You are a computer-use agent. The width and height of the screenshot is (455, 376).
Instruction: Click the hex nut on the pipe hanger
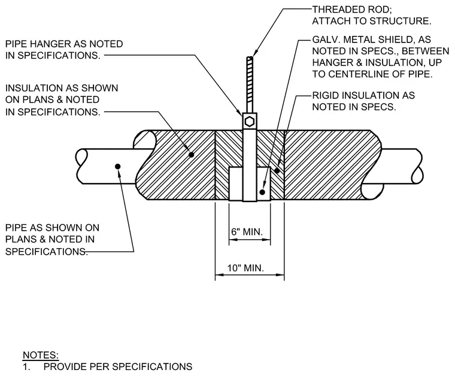[x=250, y=121]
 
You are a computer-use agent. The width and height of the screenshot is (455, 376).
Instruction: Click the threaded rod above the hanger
[x=250, y=85]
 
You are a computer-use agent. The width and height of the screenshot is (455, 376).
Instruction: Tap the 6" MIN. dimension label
[x=247, y=232]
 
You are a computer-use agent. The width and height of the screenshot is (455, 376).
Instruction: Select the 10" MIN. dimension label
[x=245, y=268]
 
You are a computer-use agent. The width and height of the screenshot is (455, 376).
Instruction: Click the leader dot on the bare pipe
[x=118, y=166]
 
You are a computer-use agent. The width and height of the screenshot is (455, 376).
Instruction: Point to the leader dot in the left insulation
[x=191, y=155]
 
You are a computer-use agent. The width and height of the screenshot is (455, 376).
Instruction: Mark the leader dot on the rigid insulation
[x=277, y=170]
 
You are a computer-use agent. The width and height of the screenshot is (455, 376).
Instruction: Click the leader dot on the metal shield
[x=262, y=192]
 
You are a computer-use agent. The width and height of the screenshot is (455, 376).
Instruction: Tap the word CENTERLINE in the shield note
[x=361, y=74]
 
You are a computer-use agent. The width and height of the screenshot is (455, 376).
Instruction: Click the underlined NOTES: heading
[x=41, y=355]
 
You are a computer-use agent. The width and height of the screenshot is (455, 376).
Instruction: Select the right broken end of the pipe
[x=417, y=166]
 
